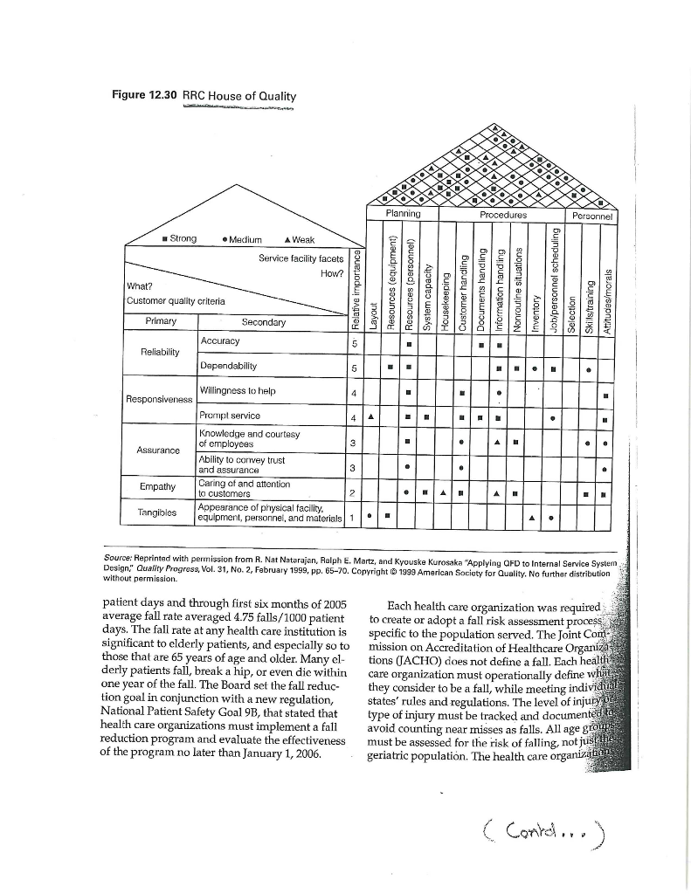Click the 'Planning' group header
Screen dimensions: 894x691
tap(403, 213)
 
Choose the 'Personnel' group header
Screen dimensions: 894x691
tap(593, 214)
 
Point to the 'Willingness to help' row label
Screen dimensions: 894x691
tap(236, 390)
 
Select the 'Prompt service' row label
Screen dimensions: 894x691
tap(230, 416)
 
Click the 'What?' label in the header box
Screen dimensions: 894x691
tap(140, 285)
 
